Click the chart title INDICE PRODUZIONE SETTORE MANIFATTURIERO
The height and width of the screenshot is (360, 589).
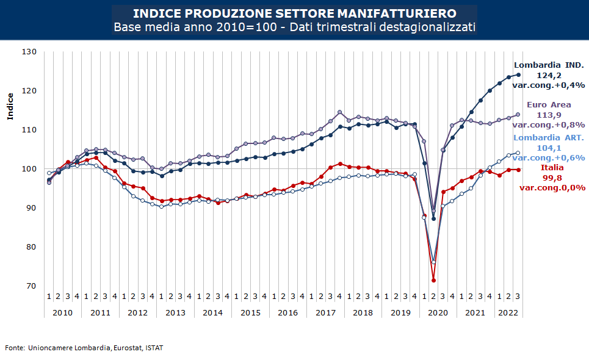(294, 13)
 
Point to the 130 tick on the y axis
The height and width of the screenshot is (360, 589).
(29, 52)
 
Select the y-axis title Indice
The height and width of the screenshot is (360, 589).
(11, 107)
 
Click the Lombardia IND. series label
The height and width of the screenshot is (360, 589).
(549, 65)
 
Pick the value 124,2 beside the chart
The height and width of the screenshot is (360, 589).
(549, 75)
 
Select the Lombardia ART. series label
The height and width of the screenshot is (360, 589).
(549, 138)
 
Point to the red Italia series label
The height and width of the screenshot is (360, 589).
(552, 167)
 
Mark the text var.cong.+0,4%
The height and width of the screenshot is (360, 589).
(549, 85)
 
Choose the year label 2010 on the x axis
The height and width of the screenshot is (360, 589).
(63, 312)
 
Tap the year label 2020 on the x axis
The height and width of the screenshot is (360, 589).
(438, 312)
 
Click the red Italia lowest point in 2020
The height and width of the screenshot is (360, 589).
(434, 280)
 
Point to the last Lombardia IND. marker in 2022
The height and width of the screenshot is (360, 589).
(518, 74)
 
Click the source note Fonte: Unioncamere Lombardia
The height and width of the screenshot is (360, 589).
(84, 348)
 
